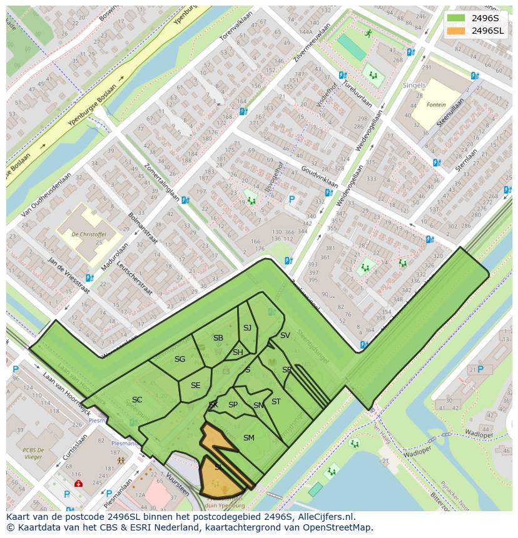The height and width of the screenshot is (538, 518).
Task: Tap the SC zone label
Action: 137,400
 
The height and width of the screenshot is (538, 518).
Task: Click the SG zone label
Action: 180,359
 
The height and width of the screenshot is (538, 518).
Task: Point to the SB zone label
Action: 218,338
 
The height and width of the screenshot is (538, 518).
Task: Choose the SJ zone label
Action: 247,328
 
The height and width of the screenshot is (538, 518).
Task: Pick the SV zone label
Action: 285,336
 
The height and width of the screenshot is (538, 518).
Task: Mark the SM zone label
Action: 248,437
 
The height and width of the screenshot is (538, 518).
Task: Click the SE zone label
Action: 195,386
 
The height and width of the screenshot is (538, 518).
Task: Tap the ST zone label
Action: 276,402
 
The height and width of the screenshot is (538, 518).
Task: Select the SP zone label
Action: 233,405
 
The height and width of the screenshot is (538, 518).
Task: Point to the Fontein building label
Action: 436,105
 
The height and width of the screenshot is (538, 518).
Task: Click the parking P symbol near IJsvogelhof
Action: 291,200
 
